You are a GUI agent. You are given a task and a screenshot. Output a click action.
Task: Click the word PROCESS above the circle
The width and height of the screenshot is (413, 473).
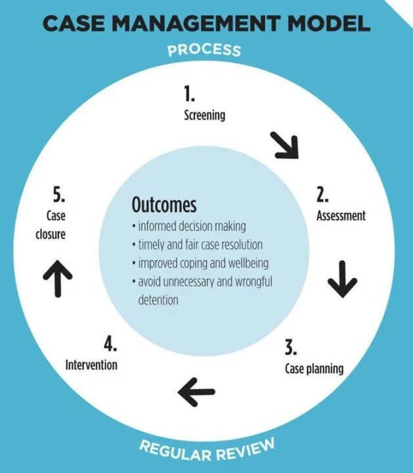204,50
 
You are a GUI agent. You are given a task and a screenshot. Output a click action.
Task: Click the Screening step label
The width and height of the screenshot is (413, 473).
204,116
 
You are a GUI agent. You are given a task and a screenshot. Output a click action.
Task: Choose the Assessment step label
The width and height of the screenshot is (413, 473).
341,215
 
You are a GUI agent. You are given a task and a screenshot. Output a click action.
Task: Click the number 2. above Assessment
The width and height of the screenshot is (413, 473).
323,195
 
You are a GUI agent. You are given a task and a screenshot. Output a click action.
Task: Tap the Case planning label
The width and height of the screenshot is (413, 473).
314,368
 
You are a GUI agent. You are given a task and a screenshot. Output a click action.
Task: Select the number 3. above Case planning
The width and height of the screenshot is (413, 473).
291,347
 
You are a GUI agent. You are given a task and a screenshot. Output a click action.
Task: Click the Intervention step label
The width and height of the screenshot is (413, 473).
91,363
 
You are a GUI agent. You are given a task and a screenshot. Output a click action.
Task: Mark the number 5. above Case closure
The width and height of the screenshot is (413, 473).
60,195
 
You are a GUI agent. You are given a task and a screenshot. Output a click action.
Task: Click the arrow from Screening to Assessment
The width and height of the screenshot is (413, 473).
284,145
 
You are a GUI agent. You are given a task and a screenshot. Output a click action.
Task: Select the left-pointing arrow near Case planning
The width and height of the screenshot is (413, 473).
196,392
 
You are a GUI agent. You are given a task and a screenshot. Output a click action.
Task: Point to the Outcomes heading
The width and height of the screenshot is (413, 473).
164,204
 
